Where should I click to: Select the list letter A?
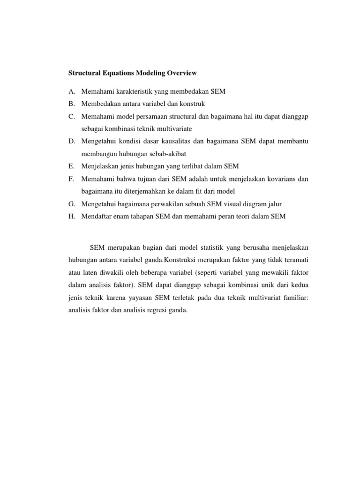[72, 91]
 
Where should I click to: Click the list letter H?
[72, 217]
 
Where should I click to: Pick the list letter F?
[71, 179]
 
